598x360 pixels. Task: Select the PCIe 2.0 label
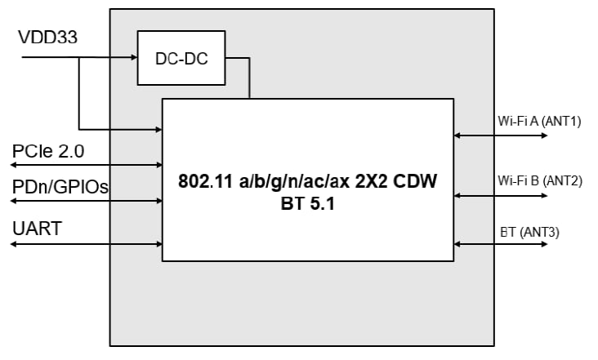click(x=48, y=151)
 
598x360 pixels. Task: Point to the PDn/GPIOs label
click(x=61, y=188)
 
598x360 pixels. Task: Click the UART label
click(x=37, y=228)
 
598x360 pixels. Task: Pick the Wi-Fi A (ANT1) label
click(x=539, y=122)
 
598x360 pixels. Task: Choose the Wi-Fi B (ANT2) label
click(x=539, y=180)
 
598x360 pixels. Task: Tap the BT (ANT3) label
click(x=529, y=232)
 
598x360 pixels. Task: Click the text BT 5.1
click(x=308, y=202)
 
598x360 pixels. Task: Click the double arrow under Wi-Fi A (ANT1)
click(x=501, y=136)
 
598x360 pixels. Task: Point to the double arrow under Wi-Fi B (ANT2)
click(x=501, y=196)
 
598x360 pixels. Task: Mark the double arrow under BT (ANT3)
click(x=501, y=244)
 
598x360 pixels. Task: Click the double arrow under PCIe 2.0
click(x=86, y=165)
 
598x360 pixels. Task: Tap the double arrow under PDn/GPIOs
click(x=86, y=201)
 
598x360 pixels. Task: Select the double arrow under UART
click(x=86, y=243)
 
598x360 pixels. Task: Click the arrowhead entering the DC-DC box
click(x=132, y=58)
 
